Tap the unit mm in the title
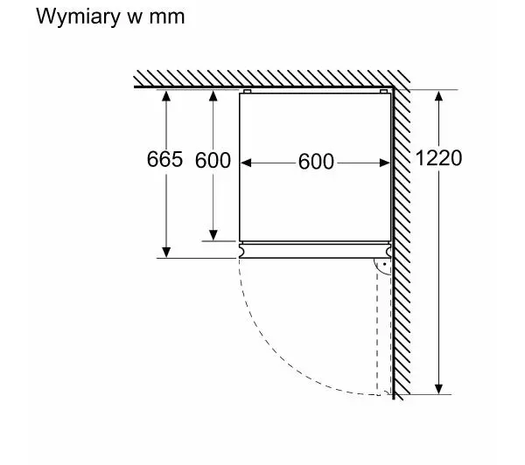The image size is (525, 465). (166, 17)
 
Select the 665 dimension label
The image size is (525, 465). (165, 159)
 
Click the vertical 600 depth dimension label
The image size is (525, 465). (213, 160)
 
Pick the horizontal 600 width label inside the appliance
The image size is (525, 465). (316, 162)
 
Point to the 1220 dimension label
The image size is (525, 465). (438, 158)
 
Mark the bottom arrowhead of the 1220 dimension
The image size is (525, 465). (440, 389)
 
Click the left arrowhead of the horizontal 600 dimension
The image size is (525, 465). (246, 162)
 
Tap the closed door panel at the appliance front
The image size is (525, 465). (315, 250)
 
